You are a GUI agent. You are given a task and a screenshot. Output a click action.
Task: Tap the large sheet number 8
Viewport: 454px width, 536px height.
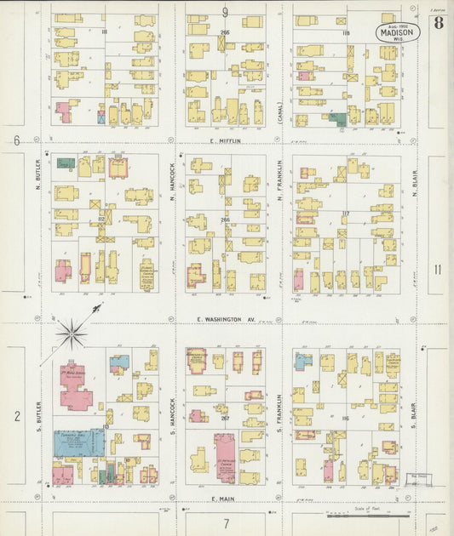click(x=437, y=22)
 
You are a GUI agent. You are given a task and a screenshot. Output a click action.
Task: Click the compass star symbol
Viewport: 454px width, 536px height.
click(x=72, y=332)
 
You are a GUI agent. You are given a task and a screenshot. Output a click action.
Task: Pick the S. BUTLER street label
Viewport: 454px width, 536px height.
click(x=39, y=414)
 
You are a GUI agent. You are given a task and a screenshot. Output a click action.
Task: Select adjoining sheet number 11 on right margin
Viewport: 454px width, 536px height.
click(x=436, y=270)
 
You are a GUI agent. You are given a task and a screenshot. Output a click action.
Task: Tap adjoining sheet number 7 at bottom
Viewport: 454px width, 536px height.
click(x=226, y=523)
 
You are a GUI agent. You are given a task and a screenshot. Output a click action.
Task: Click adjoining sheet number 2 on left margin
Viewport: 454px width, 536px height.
click(x=16, y=416)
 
